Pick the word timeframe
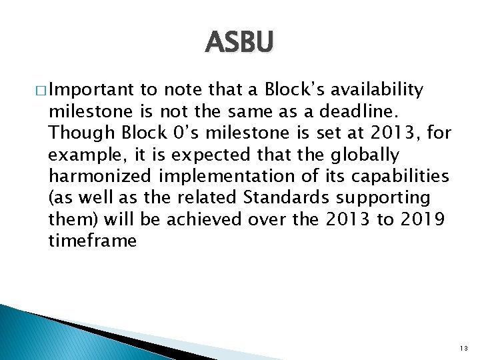[92, 241]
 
